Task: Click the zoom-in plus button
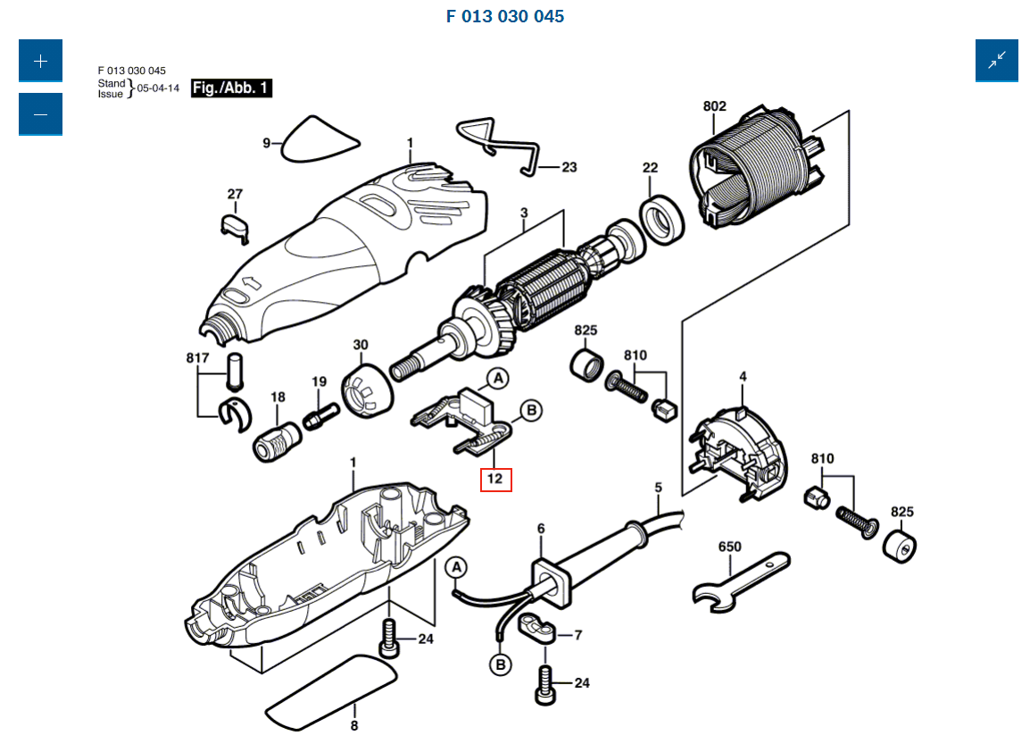tap(40, 62)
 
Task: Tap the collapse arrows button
tap(997, 61)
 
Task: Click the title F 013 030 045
tap(504, 16)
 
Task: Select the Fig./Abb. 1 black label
tap(231, 88)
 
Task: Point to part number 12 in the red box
tap(495, 479)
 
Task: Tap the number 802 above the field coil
tap(714, 106)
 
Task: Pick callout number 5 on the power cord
tap(659, 488)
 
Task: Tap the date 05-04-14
tap(158, 88)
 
